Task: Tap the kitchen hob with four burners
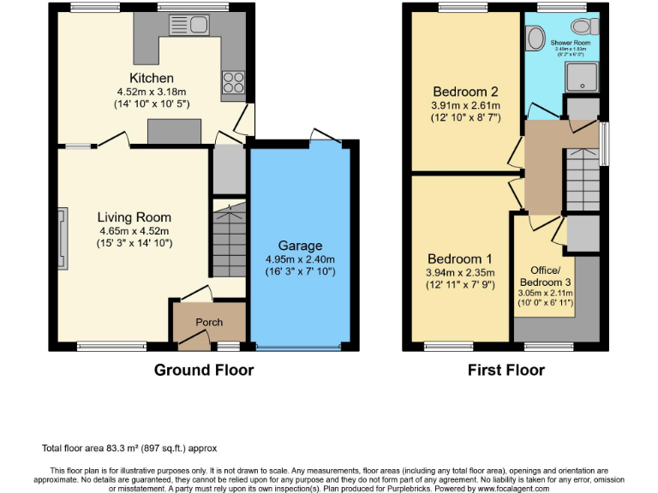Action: (232, 83)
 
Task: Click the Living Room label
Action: (134, 217)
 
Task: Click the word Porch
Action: (209, 323)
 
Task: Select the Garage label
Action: (300, 246)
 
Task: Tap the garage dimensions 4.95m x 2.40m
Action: (299, 259)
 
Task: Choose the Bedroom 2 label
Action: (465, 92)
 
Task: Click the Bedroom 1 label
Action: (461, 259)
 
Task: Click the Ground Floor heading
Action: (204, 371)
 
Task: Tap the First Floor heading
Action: (506, 371)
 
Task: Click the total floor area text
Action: (129, 448)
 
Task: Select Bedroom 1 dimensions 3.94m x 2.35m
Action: (461, 273)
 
